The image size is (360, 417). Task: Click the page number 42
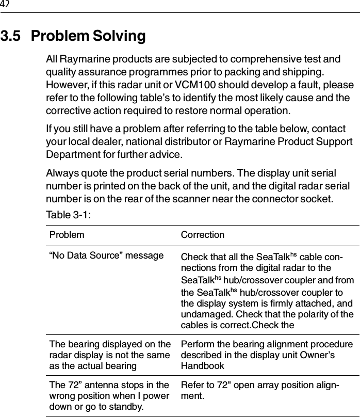(5, 5)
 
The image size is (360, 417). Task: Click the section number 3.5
(11, 37)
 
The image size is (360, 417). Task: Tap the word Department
(72, 155)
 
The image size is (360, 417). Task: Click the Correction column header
(203, 235)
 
